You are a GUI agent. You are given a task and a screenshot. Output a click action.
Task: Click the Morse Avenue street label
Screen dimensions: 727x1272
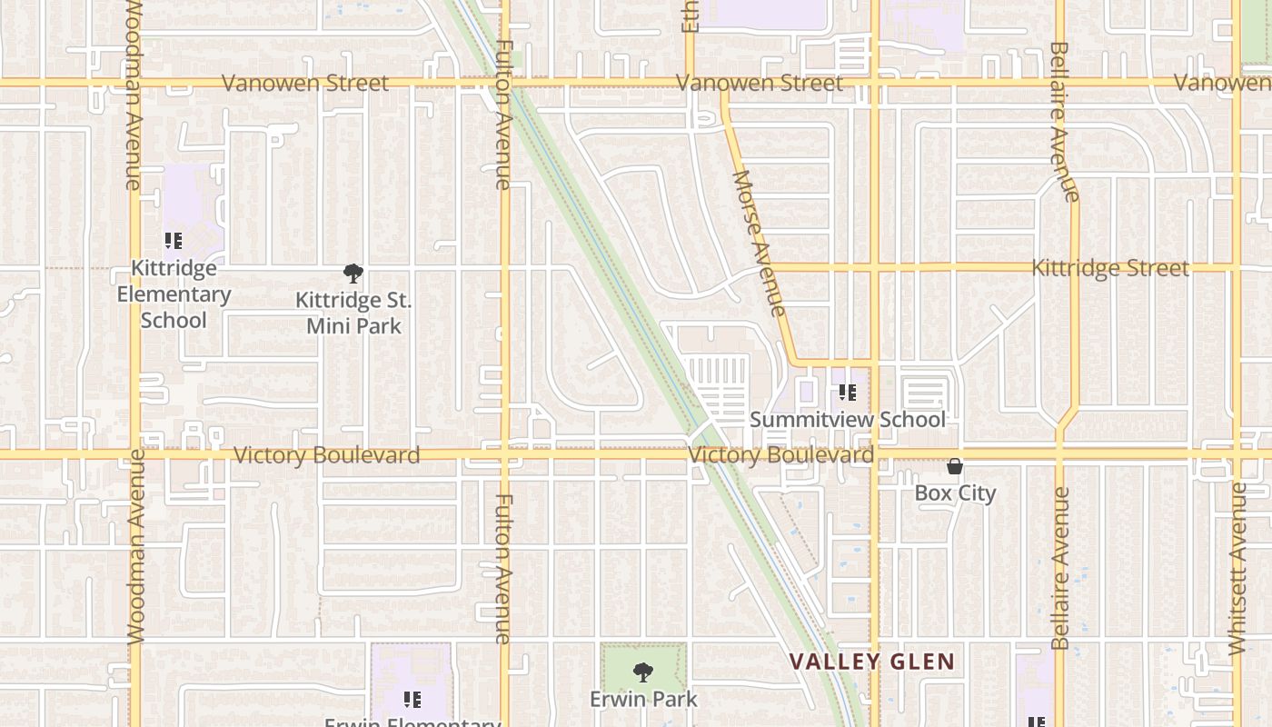(758, 243)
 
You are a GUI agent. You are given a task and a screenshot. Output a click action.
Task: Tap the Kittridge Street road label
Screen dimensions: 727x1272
(1109, 268)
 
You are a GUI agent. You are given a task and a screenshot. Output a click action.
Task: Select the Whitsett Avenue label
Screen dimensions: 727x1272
(1237, 569)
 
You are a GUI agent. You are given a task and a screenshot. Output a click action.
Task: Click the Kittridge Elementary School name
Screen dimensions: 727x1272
(174, 294)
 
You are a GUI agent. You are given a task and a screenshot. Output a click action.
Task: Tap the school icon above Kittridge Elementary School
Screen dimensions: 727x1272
(173, 241)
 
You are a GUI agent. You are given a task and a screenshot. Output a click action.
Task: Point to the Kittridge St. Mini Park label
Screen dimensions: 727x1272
(353, 313)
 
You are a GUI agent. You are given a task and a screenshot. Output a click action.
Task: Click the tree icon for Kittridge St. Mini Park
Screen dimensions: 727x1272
(353, 273)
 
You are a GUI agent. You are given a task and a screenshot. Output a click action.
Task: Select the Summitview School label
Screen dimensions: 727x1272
(847, 419)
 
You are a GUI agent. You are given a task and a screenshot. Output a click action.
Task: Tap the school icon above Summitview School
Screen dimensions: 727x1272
(847, 393)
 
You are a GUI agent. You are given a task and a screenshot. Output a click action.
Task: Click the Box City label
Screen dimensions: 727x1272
(955, 493)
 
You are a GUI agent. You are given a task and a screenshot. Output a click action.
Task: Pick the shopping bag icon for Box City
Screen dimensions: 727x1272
(955, 466)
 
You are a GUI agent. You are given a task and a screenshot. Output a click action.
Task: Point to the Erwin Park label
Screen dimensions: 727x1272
(643, 699)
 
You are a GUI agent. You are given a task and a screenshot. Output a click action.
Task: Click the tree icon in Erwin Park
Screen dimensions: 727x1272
(643, 672)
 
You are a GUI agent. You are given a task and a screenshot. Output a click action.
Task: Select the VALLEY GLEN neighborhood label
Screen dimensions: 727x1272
(871, 662)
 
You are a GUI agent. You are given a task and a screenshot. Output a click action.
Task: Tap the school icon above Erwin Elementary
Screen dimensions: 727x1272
(412, 699)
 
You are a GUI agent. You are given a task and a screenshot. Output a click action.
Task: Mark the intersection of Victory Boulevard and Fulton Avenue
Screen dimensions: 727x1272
(505, 453)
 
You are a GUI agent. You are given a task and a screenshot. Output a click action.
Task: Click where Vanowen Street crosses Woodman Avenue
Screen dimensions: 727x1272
(134, 83)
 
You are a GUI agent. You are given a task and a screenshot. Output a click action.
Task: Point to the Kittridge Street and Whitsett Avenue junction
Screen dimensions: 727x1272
(1236, 267)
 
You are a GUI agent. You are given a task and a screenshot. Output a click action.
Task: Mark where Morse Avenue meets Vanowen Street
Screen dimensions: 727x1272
(725, 84)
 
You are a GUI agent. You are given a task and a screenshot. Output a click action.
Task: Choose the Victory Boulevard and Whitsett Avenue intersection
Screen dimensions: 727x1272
(1236, 453)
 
